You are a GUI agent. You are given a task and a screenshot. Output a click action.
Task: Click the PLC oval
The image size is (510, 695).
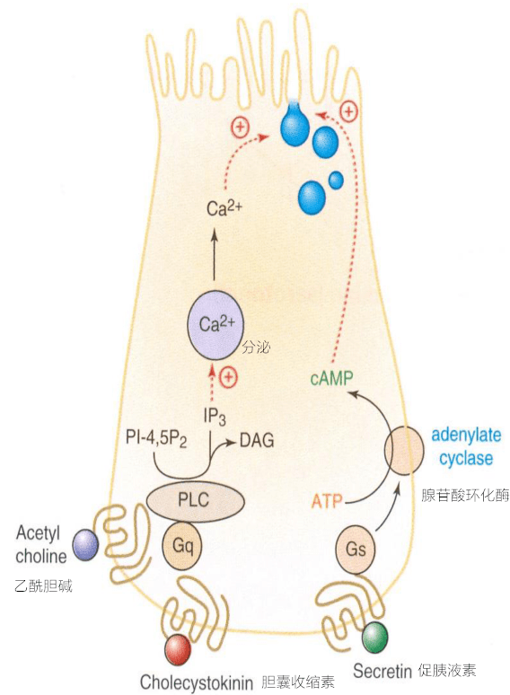click(196, 500)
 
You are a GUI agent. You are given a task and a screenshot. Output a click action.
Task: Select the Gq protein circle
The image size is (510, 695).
click(181, 546)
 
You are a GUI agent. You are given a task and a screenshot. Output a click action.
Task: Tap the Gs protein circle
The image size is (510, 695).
click(355, 550)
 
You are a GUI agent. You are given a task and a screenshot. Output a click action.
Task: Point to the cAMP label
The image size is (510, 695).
click(332, 378)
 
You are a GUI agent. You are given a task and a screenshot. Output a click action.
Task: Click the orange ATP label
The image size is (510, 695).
click(327, 501)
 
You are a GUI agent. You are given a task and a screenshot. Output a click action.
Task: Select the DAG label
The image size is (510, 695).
click(257, 440)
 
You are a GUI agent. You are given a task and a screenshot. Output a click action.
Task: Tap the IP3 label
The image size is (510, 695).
click(215, 417)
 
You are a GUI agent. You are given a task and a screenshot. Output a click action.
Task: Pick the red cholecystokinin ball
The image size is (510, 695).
click(178, 650)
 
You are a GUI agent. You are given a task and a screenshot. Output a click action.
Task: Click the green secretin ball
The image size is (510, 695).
click(374, 638)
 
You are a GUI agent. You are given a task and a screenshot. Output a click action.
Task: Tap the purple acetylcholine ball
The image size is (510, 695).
click(85, 545)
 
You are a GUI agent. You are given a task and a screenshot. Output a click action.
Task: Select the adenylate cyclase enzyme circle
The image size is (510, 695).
click(404, 451)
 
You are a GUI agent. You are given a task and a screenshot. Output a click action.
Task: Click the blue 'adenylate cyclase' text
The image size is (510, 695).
click(466, 446)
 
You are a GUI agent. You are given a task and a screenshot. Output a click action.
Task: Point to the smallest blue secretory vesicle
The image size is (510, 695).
click(336, 180)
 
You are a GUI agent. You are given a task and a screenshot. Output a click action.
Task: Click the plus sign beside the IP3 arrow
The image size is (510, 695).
click(229, 377)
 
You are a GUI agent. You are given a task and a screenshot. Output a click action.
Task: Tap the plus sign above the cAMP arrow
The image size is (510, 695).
click(348, 111)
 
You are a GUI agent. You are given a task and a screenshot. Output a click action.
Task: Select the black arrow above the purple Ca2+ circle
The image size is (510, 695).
click(214, 254)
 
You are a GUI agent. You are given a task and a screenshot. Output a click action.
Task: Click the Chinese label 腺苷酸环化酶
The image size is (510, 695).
click(465, 495)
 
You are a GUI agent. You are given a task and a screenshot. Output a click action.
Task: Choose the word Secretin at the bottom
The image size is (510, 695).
click(382, 672)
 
